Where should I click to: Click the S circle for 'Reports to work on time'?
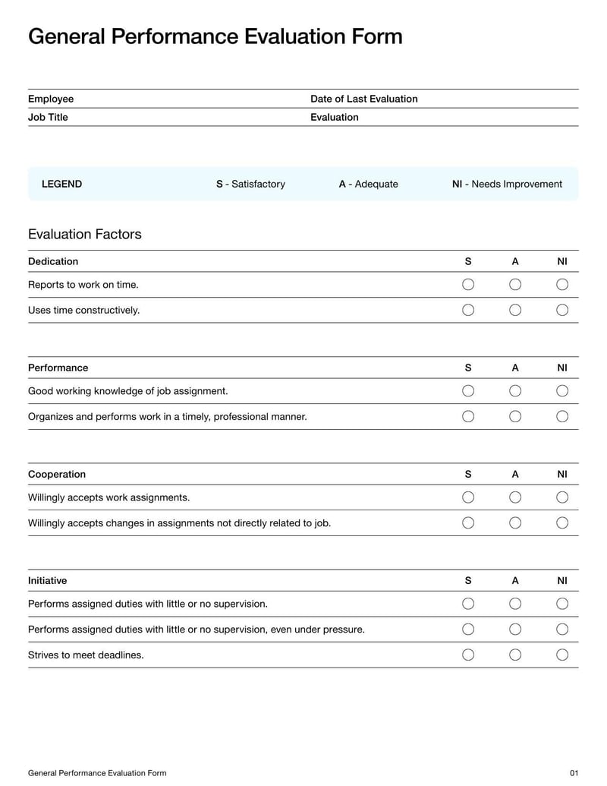point(468,284)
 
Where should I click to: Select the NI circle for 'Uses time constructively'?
point(562,310)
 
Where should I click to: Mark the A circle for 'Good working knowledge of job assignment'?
point(515,390)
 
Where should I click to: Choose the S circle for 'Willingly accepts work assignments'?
point(468,497)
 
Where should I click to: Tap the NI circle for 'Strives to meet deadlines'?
point(562,655)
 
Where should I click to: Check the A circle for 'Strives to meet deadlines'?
point(515,655)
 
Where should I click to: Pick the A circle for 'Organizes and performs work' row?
point(515,416)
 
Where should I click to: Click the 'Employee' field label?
point(51,99)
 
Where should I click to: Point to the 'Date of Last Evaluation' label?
point(363,99)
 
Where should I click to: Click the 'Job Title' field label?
point(48,117)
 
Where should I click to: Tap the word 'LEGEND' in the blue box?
point(61,184)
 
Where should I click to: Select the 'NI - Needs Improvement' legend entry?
point(507,184)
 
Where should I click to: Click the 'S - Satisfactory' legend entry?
point(250,184)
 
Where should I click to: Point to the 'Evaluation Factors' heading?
point(84,234)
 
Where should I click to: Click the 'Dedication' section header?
point(53,261)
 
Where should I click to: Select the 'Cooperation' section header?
point(57,474)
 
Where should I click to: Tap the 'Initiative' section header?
point(47,580)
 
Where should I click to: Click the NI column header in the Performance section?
point(562,368)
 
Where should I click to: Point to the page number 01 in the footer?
point(574,773)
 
